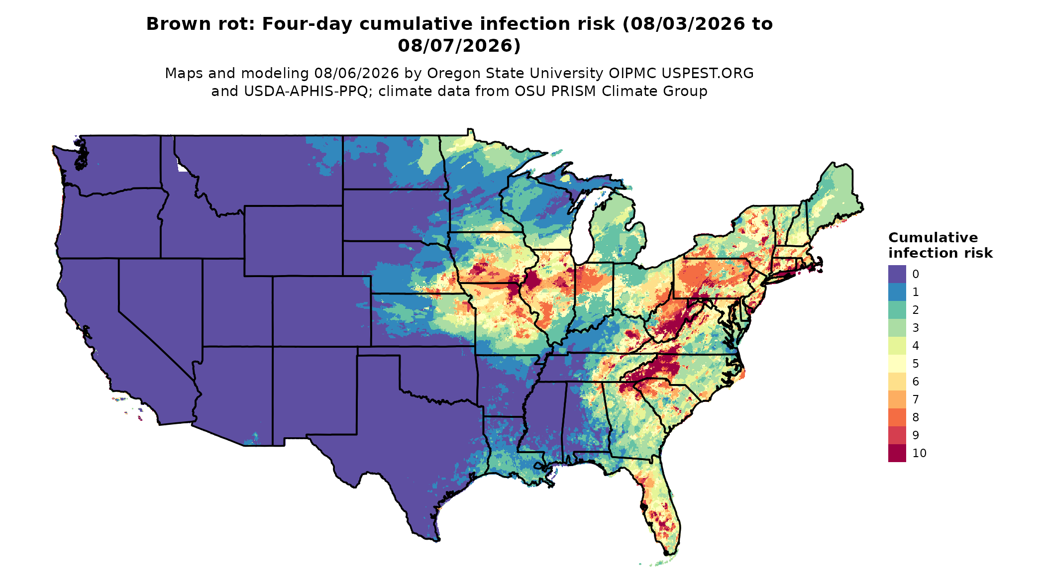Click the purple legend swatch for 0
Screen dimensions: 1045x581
pos(897,274)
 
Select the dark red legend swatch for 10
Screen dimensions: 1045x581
pos(897,453)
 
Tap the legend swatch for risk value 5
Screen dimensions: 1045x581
pos(897,364)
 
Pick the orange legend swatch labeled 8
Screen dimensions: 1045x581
pos(897,417)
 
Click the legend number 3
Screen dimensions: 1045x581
pos(916,328)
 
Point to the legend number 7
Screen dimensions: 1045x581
pos(916,399)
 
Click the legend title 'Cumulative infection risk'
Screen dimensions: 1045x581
pos(940,245)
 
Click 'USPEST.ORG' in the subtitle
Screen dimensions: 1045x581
pos(707,74)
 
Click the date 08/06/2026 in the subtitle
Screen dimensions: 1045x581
pos(356,74)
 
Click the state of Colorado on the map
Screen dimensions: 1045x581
pos(321,311)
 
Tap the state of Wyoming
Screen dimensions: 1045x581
pos(293,240)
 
